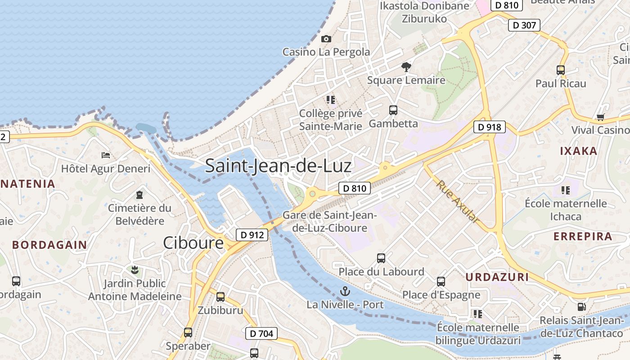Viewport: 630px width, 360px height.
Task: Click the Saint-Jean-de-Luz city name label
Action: (x=278, y=166)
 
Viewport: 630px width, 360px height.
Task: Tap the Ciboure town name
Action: (x=193, y=243)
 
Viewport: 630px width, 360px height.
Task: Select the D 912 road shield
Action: (x=252, y=234)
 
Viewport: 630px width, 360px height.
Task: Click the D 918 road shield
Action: (x=490, y=127)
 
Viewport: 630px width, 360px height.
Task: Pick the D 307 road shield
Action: (x=525, y=25)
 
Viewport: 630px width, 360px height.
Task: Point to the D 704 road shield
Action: (x=261, y=333)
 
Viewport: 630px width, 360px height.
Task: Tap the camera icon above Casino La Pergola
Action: (x=326, y=39)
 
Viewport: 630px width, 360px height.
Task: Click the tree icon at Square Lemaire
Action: (x=406, y=67)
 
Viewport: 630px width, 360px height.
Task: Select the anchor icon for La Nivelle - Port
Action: (x=345, y=291)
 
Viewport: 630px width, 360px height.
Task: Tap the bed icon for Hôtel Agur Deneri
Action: (x=106, y=155)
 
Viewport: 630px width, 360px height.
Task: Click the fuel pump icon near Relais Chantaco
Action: (x=581, y=307)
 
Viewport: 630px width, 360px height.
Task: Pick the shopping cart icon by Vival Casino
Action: (x=600, y=117)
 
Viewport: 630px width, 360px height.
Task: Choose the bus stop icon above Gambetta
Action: (x=393, y=110)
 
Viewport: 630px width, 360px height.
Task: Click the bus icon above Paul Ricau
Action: (x=561, y=70)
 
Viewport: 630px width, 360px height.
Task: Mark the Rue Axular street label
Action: (x=456, y=201)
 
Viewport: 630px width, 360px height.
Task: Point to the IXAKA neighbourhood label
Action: (x=578, y=151)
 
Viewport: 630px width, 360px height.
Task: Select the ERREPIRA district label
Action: (x=583, y=236)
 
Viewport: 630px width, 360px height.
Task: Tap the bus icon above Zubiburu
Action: (x=220, y=297)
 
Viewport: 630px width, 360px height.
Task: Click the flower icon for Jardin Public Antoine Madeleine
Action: (x=135, y=270)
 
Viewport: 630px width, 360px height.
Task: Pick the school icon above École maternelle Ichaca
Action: (x=566, y=190)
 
